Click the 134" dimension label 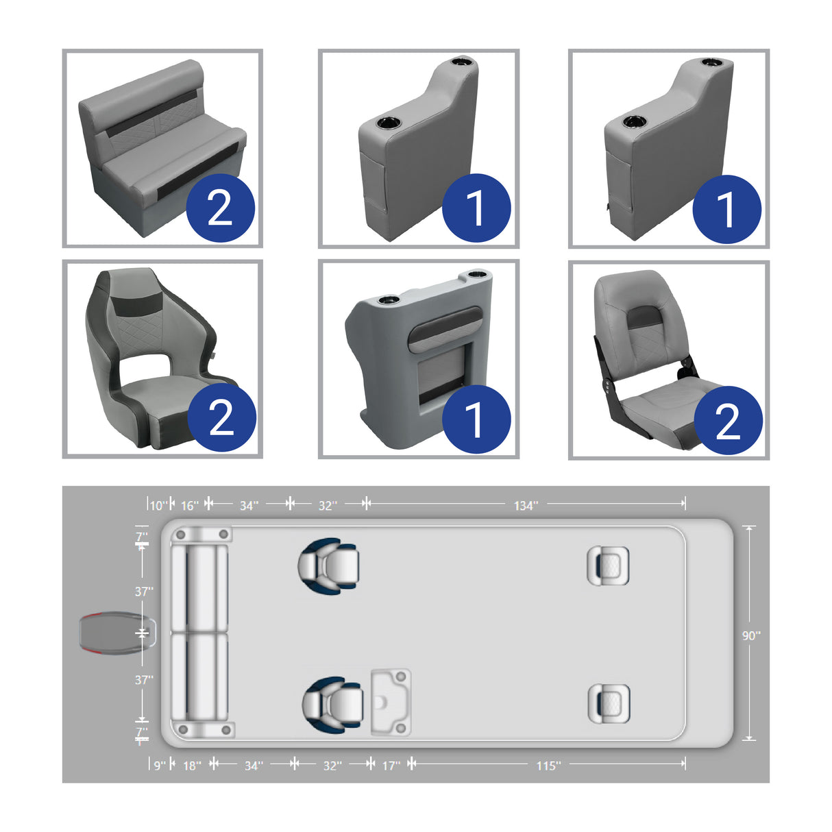526,506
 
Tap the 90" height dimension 751,635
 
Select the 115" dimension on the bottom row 548,766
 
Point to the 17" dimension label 391,766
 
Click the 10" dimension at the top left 158,506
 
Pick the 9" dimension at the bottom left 159,766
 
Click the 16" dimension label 190,506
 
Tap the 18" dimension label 192,766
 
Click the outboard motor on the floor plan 117,633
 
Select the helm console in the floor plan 391,702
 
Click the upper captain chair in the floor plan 329,566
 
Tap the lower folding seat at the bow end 609,704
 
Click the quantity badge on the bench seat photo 220,208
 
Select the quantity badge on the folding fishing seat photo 728,420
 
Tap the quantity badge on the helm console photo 476,419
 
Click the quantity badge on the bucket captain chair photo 221,417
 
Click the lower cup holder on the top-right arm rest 634,123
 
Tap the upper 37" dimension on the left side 144,591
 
